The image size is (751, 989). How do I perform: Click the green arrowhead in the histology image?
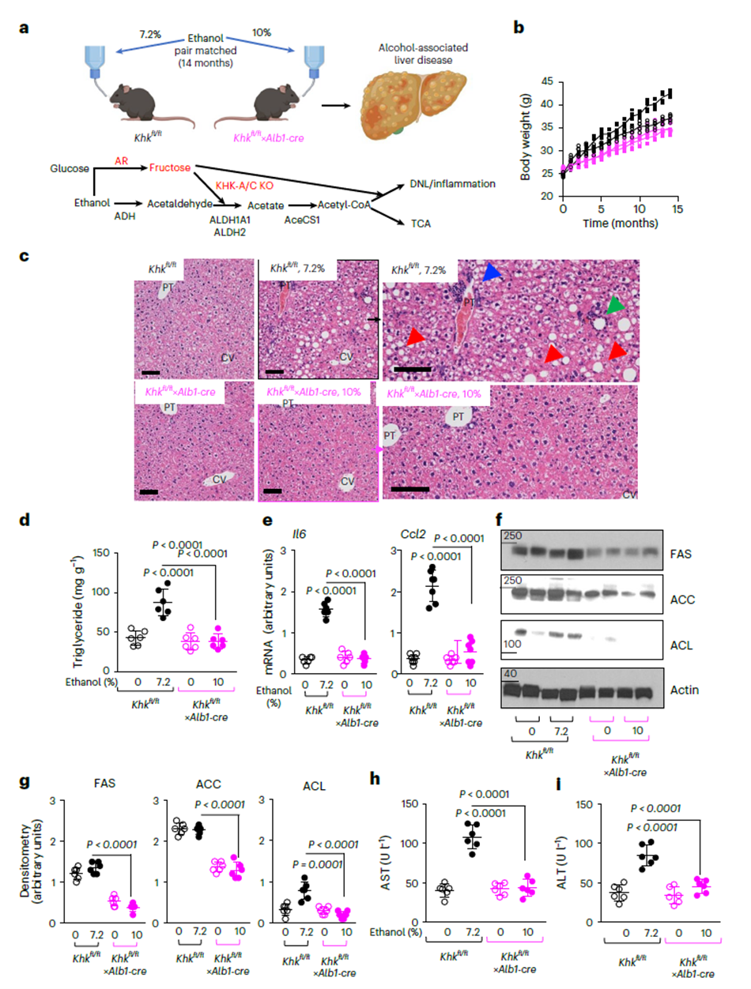pyautogui.click(x=615, y=304)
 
